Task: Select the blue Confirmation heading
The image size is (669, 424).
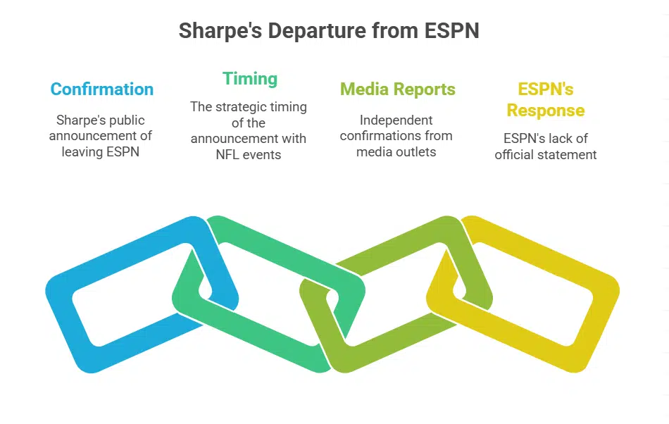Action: pos(102,89)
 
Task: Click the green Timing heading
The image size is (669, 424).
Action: pos(250,78)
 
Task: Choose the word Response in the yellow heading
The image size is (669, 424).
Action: pos(546,111)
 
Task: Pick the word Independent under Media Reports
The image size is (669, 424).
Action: pos(396,120)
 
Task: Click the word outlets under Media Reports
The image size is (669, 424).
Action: pos(415,151)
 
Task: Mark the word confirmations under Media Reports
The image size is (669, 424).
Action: pos(377,135)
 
